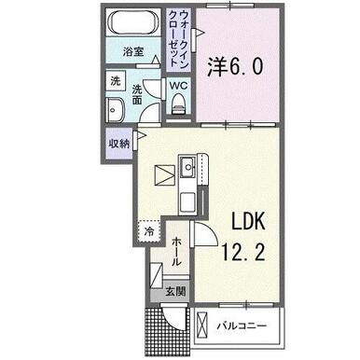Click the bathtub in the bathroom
132,22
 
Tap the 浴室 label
133,51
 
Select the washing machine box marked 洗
116,81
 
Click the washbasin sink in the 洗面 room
115,109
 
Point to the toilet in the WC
178,104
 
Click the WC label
178,86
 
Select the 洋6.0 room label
235,67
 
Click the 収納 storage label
118,144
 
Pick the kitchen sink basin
187,167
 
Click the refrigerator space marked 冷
149,231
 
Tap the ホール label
176,251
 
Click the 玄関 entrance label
175,291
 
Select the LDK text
247,221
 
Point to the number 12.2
243,252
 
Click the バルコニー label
242,326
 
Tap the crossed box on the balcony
202,325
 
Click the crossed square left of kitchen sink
164,176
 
